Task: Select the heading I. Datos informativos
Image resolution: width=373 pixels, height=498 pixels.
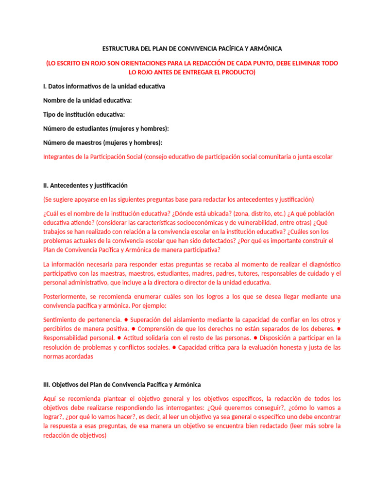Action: (104, 86)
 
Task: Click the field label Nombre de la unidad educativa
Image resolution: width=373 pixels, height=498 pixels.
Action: (87, 100)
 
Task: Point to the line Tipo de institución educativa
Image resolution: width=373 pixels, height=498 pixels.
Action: (84, 114)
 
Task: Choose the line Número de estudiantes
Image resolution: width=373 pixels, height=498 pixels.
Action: (106, 128)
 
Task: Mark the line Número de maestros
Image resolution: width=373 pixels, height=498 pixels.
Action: (102, 142)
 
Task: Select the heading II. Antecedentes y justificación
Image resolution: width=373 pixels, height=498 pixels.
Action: (85, 185)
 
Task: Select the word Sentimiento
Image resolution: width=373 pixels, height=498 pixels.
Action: (61, 320)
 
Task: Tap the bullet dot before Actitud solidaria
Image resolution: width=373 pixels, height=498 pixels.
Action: (119, 338)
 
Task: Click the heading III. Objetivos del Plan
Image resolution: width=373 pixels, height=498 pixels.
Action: (121, 384)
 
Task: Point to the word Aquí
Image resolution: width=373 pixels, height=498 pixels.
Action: (50, 399)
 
